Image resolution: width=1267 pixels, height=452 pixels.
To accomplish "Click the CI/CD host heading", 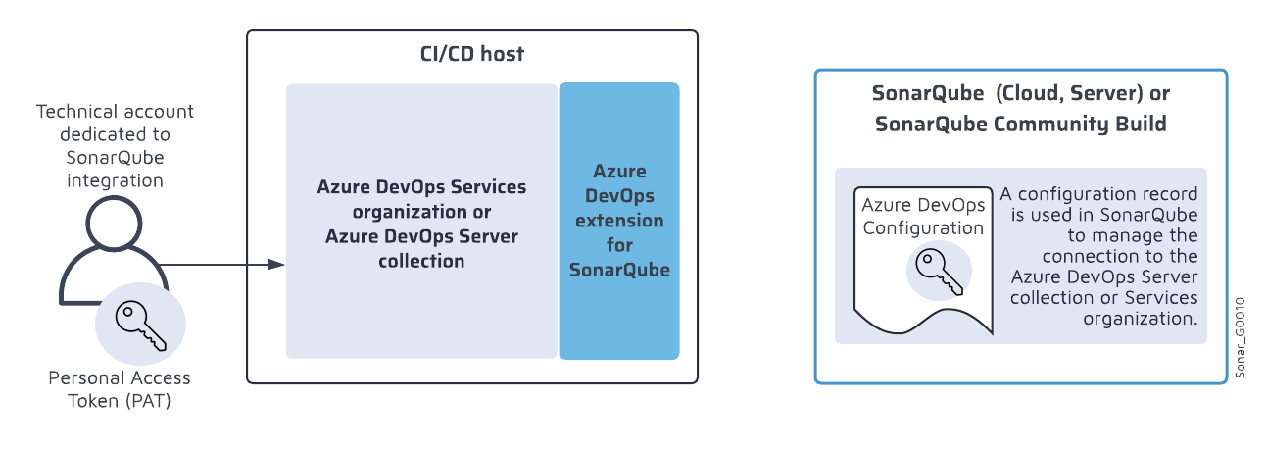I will pyautogui.click(x=466, y=54).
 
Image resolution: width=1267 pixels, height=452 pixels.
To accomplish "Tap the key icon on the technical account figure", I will pyautogui.click(x=141, y=326).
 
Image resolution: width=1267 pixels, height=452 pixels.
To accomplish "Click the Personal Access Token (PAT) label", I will pyautogui.click(x=120, y=388).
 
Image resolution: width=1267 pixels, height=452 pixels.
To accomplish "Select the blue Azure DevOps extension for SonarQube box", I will pyautogui.click(x=619, y=221).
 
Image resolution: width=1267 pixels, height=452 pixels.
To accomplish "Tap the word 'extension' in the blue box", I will pyautogui.click(x=619, y=220).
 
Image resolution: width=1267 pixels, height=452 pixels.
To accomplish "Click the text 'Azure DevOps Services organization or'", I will pyautogui.click(x=421, y=199).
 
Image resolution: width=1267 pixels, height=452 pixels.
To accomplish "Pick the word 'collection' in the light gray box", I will pyautogui.click(x=421, y=261).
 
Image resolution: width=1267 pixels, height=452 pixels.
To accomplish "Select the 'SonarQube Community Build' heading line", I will pyautogui.click(x=1021, y=125).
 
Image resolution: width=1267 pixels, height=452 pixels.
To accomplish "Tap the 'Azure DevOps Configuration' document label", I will pyautogui.click(x=921, y=216).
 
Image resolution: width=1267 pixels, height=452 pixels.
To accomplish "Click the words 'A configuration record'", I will pyautogui.click(x=1098, y=193).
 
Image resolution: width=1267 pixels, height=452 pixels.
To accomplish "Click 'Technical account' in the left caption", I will pyautogui.click(x=115, y=111).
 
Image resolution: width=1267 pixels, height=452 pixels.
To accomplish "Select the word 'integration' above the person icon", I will pyautogui.click(x=115, y=179).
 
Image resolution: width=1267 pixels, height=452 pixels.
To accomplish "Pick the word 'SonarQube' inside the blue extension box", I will pyautogui.click(x=619, y=270).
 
